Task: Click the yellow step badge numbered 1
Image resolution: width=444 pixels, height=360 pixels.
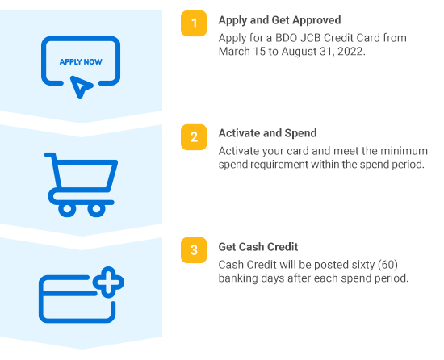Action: (194, 23)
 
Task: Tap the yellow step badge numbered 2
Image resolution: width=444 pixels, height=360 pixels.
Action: (194, 137)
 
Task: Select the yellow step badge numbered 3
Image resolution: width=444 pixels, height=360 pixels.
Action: (194, 250)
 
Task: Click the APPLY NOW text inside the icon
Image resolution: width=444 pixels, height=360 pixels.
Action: (81, 61)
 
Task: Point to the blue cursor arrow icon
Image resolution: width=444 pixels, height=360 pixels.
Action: (81, 87)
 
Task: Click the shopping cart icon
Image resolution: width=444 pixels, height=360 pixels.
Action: (81, 185)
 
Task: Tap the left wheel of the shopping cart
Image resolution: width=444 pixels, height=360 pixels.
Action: (67, 209)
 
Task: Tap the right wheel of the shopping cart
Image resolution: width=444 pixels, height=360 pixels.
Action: (96, 209)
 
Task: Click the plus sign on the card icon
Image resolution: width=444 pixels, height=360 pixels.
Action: (108, 283)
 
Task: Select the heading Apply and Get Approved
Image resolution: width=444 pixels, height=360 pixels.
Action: (279, 20)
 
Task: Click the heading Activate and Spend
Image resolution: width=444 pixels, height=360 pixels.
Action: (267, 133)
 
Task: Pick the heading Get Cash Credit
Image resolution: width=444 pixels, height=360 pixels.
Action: (258, 247)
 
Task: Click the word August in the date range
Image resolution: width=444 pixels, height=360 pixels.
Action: (299, 52)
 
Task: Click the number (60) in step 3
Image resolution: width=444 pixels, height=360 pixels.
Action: (388, 265)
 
